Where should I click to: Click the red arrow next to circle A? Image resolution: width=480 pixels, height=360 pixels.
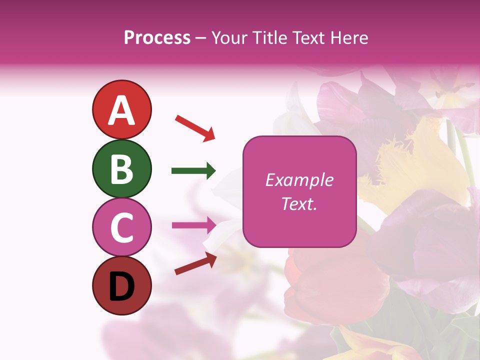195,127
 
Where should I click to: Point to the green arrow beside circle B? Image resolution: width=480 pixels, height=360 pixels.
193,171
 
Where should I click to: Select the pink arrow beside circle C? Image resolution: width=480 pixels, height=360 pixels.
193,225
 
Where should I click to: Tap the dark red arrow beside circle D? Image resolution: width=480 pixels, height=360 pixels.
195,263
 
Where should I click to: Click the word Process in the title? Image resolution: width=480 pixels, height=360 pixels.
157,37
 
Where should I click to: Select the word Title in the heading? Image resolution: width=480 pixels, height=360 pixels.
270,37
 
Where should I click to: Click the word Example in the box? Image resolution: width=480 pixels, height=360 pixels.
299,180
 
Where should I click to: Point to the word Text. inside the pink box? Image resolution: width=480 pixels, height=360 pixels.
299,204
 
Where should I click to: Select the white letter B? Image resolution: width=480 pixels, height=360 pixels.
121,169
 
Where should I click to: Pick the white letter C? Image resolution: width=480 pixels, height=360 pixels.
121,227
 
